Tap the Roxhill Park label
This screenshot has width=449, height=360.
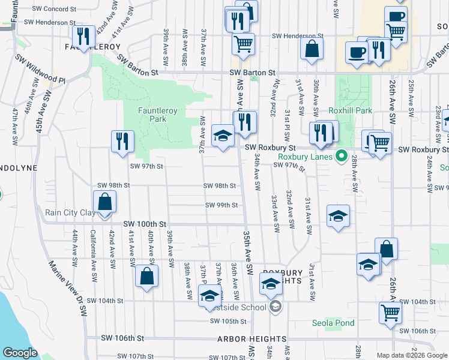point(351,110)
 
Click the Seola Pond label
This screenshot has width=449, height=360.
point(333,323)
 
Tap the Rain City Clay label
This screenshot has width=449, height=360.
point(69,212)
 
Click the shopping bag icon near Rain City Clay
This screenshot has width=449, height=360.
point(104,203)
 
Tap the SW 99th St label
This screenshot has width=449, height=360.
point(221,205)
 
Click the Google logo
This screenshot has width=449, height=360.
point(20,353)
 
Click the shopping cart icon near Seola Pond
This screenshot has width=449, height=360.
point(390,313)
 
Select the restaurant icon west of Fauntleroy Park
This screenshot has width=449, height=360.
point(122,142)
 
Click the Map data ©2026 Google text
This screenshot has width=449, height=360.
point(411,355)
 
